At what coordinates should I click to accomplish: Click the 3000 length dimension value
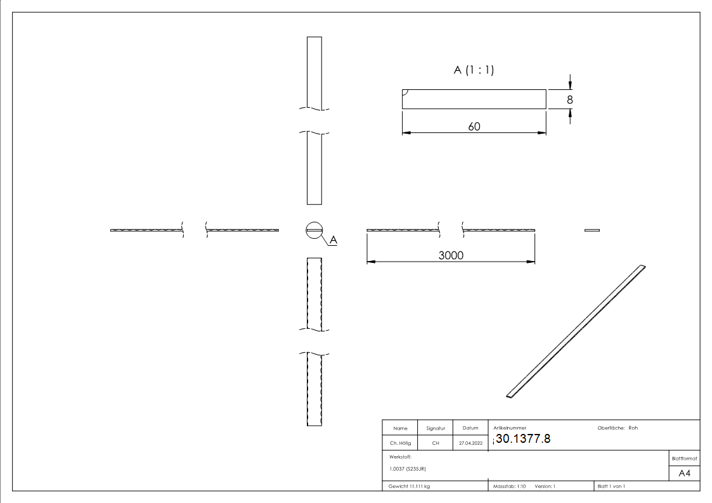pos(451,255)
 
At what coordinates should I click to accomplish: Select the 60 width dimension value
pos(474,126)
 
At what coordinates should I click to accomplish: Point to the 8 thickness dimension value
pos(570,99)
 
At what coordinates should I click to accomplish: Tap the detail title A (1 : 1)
pos(474,71)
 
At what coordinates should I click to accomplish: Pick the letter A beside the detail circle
pos(333,240)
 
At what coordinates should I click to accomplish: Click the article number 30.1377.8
pos(524,439)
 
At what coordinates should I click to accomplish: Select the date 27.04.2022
pos(470,443)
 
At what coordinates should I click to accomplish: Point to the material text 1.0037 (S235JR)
pos(406,468)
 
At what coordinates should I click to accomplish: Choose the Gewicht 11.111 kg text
pos(410,486)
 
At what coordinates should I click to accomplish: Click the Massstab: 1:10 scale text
pos(510,486)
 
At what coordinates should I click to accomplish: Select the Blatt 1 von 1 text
pos(611,486)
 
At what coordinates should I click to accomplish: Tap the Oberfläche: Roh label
pos(618,428)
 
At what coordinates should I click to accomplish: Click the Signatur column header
pos(436,428)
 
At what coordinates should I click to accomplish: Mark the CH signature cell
pos(436,443)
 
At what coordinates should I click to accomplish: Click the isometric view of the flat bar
pos(576,331)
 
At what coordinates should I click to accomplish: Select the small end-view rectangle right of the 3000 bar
pos(592,230)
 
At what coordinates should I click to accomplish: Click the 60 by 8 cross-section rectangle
pos(474,99)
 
